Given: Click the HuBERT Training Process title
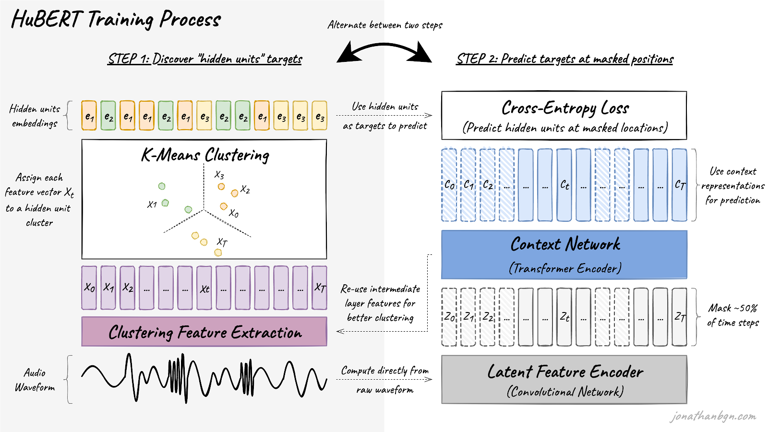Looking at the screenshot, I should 116,20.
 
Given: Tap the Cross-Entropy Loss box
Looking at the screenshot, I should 564,116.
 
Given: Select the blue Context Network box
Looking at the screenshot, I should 564,254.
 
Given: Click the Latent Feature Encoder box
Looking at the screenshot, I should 564,379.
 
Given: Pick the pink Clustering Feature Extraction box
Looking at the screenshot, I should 204,332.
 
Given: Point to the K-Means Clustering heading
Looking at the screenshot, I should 205,155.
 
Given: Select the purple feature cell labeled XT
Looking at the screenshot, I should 320,288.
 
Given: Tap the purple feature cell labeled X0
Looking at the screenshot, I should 89,288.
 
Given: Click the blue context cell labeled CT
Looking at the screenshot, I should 680,185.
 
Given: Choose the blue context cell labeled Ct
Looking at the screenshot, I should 564,185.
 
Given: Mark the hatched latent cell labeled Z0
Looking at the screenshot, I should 449,317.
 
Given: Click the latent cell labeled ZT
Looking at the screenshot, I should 680,317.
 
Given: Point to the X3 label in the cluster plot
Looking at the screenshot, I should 219,175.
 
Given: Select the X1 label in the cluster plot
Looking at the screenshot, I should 152,204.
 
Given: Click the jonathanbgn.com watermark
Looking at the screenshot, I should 713,416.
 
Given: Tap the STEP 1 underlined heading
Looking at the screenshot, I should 205,59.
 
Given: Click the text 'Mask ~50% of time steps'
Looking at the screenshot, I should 733,315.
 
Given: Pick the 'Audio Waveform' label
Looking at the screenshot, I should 35,380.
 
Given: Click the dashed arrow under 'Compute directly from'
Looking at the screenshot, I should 384,380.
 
